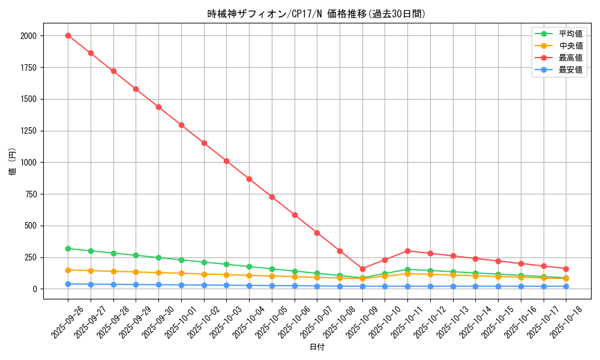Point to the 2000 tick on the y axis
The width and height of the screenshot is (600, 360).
coord(28,36)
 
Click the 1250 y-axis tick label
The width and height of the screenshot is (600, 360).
coord(28,131)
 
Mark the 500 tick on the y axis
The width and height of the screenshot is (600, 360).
coord(31,226)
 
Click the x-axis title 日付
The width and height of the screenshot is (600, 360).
coord(317,347)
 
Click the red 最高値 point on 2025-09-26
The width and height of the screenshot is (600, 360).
coord(68,35)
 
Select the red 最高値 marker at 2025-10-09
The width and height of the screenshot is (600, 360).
coord(362,269)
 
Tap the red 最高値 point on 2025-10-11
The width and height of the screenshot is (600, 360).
coord(407,251)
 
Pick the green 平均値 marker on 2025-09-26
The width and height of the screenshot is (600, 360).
coord(68,248)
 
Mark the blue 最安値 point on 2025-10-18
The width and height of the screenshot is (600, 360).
coord(566,286)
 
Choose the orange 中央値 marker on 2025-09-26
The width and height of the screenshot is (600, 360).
coord(68,270)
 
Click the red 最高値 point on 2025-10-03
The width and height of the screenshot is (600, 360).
coord(226,161)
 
